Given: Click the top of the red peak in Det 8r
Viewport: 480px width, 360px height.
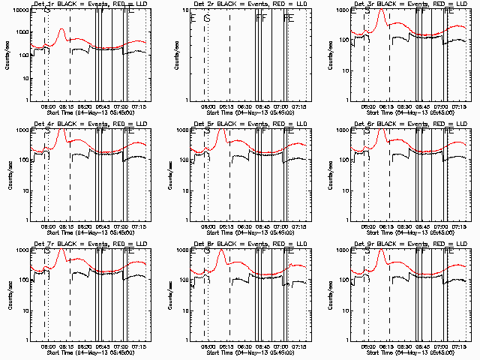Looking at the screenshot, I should (221, 251).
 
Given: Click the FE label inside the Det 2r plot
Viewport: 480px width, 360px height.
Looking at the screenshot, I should (289, 17).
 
